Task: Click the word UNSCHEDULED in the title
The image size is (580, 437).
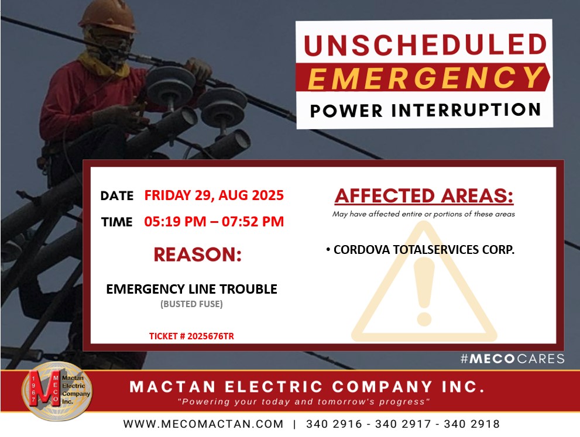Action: [x=425, y=44]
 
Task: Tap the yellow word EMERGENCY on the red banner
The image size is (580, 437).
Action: [x=425, y=78]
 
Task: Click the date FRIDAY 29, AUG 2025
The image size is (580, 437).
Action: [x=214, y=195]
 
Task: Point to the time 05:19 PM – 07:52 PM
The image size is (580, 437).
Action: [x=214, y=222]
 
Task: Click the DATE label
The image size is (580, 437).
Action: [x=117, y=195]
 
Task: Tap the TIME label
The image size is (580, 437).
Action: [x=117, y=222]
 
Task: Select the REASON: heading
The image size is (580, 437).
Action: [x=197, y=254]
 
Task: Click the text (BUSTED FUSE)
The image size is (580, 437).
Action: [x=191, y=304]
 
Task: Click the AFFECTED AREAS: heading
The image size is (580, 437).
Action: [x=424, y=196]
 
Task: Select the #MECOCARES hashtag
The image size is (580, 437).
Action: [x=512, y=359]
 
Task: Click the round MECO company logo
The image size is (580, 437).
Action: [x=57, y=391]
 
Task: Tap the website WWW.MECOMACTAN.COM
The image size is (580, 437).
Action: [x=203, y=424]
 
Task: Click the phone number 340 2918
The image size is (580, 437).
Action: [x=472, y=424]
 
